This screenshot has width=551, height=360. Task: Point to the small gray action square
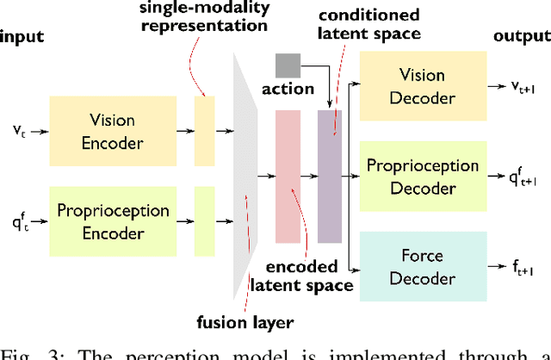288,65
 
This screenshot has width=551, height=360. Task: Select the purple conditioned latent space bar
330,176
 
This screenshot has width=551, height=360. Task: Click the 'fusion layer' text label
246,323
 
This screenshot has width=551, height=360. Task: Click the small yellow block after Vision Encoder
204,131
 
